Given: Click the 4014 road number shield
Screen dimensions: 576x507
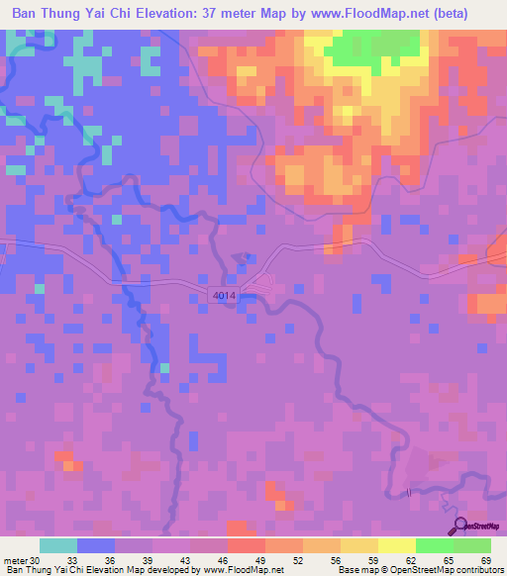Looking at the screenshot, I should point(224,294).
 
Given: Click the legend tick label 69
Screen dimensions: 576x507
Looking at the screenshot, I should point(485,559).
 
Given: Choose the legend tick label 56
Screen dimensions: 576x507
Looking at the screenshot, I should point(337,559).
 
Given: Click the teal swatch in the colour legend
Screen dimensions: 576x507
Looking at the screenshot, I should point(58,545).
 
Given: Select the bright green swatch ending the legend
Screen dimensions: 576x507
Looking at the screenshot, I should point(471,545).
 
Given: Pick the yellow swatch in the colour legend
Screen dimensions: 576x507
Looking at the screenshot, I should point(396,545).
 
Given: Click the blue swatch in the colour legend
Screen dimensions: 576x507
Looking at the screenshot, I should point(96,545).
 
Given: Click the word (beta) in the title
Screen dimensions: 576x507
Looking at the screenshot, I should point(469,14).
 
